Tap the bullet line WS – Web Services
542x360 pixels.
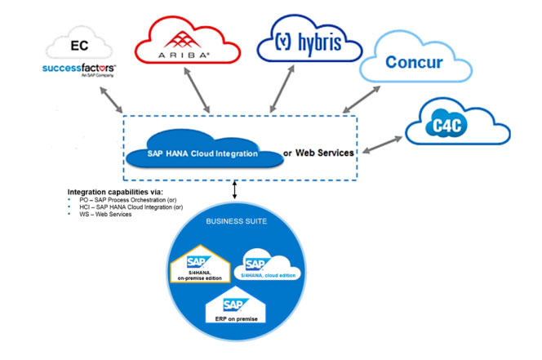(x=101, y=215)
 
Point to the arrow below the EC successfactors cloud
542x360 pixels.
(x=109, y=96)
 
